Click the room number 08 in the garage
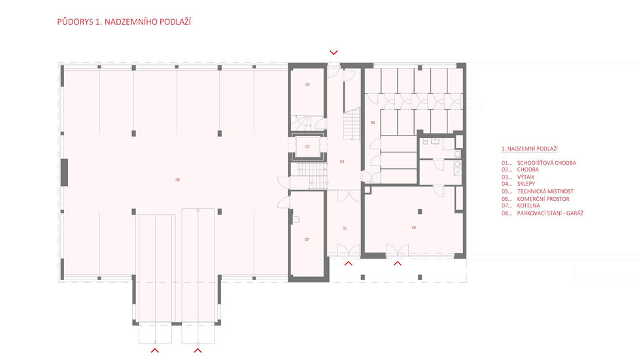pos(177,179)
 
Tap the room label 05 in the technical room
pos(307,85)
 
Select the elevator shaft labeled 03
pos(307,147)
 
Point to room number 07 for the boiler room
pos(307,240)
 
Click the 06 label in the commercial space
pos(413,228)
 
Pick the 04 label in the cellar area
pos(373,122)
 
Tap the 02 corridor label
pos(342,162)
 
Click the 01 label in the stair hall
pos(345,228)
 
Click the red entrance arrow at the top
pos(334,52)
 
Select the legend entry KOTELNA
pos(528,206)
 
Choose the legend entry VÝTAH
pos(525,177)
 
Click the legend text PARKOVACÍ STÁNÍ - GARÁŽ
pos(550,213)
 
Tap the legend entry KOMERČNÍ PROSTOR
pos(544,199)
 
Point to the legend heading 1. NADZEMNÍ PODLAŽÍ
pos(529,149)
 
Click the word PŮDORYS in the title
pos(75,22)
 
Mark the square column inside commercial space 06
pos(420,211)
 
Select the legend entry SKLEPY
pos(526,184)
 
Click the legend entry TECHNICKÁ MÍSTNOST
pos(545,191)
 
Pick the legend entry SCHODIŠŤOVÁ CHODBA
pos(547,163)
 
